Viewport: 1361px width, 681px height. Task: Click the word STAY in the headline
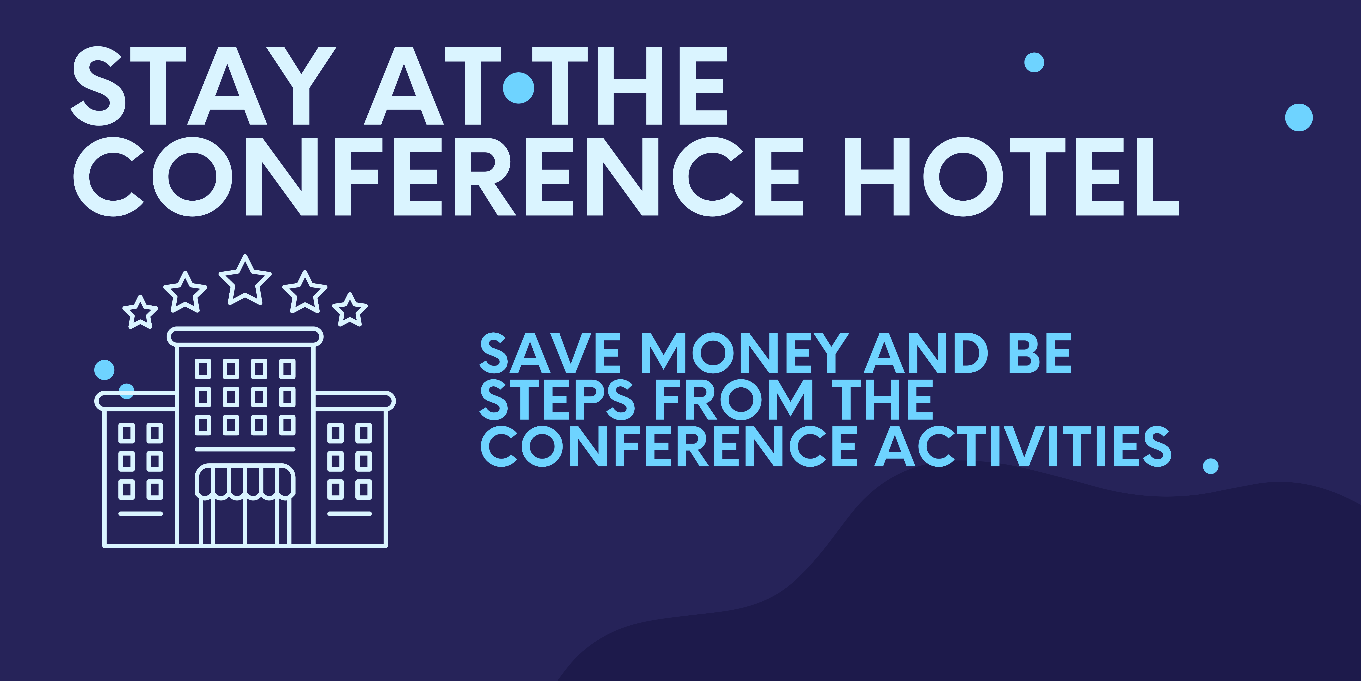click(x=203, y=86)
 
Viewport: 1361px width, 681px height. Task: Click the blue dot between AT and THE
click(x=518, y=88)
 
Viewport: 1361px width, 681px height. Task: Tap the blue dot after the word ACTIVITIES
click(x=1210, y=466)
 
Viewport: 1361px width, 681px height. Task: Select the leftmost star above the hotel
click(x=140, y=313)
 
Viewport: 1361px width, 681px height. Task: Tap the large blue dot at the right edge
click(x=1299, y=117)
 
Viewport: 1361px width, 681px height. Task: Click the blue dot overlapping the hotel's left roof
click(x=126, y=391)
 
